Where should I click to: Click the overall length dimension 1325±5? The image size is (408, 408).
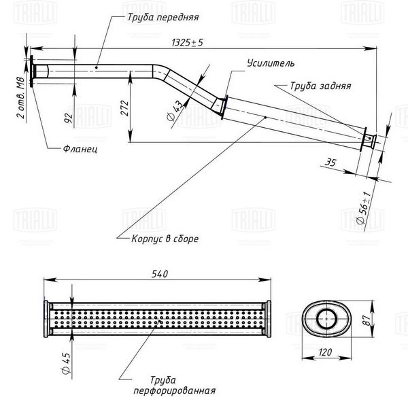(x=188, y=42)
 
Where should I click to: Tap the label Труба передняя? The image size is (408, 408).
(x=163, y=18)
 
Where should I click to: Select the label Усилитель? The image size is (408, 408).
(x=271, y=63)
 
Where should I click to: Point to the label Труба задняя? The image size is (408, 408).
(x=320, y=86)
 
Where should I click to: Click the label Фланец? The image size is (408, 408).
(x=80, y=149)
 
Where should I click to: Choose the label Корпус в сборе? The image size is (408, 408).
(x=165, y=239)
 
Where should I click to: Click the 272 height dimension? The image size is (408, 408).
(x=125, y=108)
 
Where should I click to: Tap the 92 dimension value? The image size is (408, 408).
(x=69, y=118)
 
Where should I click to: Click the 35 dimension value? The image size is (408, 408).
(x=330, y=163)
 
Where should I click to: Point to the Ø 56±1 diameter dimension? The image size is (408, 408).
(x=364, y=208)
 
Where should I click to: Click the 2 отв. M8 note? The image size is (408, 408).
(x=21, y=97)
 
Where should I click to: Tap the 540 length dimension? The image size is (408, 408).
(x=160, y=274)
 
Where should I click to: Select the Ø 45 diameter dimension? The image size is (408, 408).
(x=66, y=363)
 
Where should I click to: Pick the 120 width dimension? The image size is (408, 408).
(x=325, y=352)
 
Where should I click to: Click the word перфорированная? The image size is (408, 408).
(x=174, y=391)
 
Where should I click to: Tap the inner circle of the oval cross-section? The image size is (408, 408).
(x=327, y=318)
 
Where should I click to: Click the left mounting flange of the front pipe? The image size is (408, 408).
(x=32, y=71)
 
